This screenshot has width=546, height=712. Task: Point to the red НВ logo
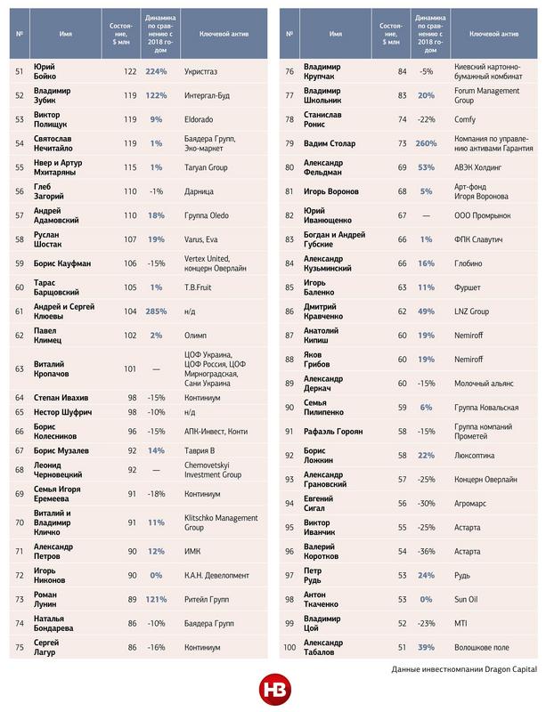[272, 690]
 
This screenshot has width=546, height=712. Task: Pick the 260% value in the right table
[426, 142]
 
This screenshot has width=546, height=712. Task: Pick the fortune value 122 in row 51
[130, 72]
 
